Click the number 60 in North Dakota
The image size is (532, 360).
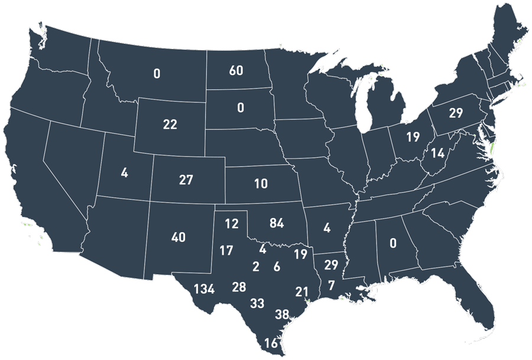(x=236, y=71)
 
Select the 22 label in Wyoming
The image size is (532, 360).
(x=170, y=124)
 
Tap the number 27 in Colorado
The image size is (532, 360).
(x=186, y=180)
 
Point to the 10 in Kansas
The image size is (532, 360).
(x=261, y=184)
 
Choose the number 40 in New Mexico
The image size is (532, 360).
(x=178, y=238)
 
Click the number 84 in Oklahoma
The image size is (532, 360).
(x=276, y=223)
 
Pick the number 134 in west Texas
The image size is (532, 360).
(x=203, y=289)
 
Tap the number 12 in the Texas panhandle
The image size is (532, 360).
(x=231, y=224)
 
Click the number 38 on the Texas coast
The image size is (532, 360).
(x=282, y=314)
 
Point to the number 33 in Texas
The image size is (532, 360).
(x=257, y=304)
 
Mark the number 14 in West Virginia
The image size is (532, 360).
(x=437, y=153)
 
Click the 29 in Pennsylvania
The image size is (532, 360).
(x=455, y=113)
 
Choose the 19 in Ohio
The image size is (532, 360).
(x=413, y=138)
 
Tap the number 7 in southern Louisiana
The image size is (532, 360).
(x=331, y=286)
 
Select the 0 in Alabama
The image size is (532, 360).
(x=392, y=242)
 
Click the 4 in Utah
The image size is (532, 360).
(x=124, y=173)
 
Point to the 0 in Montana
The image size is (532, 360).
(x=157, y=74)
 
